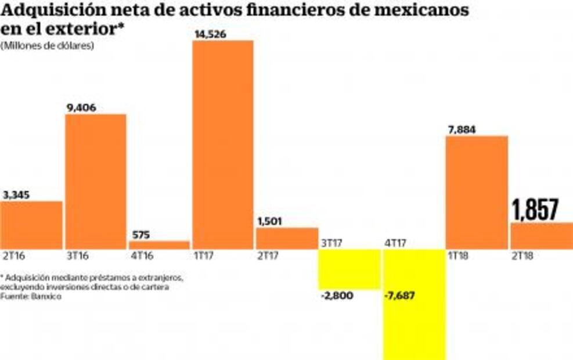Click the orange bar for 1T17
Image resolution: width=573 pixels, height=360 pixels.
pos(223,145)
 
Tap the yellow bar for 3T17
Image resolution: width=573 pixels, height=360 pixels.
pos(349,269)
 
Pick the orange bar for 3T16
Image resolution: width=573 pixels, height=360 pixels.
pos(96,181)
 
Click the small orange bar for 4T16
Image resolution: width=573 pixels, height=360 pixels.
pos(159,245)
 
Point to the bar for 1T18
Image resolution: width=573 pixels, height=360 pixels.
pos(477,193)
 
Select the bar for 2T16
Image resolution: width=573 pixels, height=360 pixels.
pos(31,225)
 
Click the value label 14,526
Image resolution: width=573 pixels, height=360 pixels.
pos(210,34)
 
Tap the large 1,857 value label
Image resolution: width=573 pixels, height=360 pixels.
pos(535,210)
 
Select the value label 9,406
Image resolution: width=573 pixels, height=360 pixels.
pos(81,107)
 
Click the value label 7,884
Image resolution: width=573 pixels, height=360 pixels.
pos(461,129)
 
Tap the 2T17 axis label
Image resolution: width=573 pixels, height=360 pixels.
pos(269,255)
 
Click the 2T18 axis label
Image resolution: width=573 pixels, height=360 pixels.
pos(523,255)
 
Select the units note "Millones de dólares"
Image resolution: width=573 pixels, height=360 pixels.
pos(48,46)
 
